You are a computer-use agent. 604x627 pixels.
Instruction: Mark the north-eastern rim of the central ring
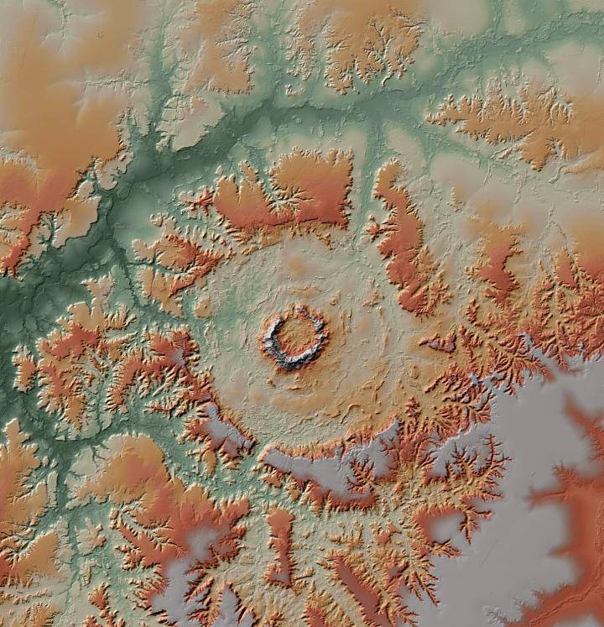tap(317, 317)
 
